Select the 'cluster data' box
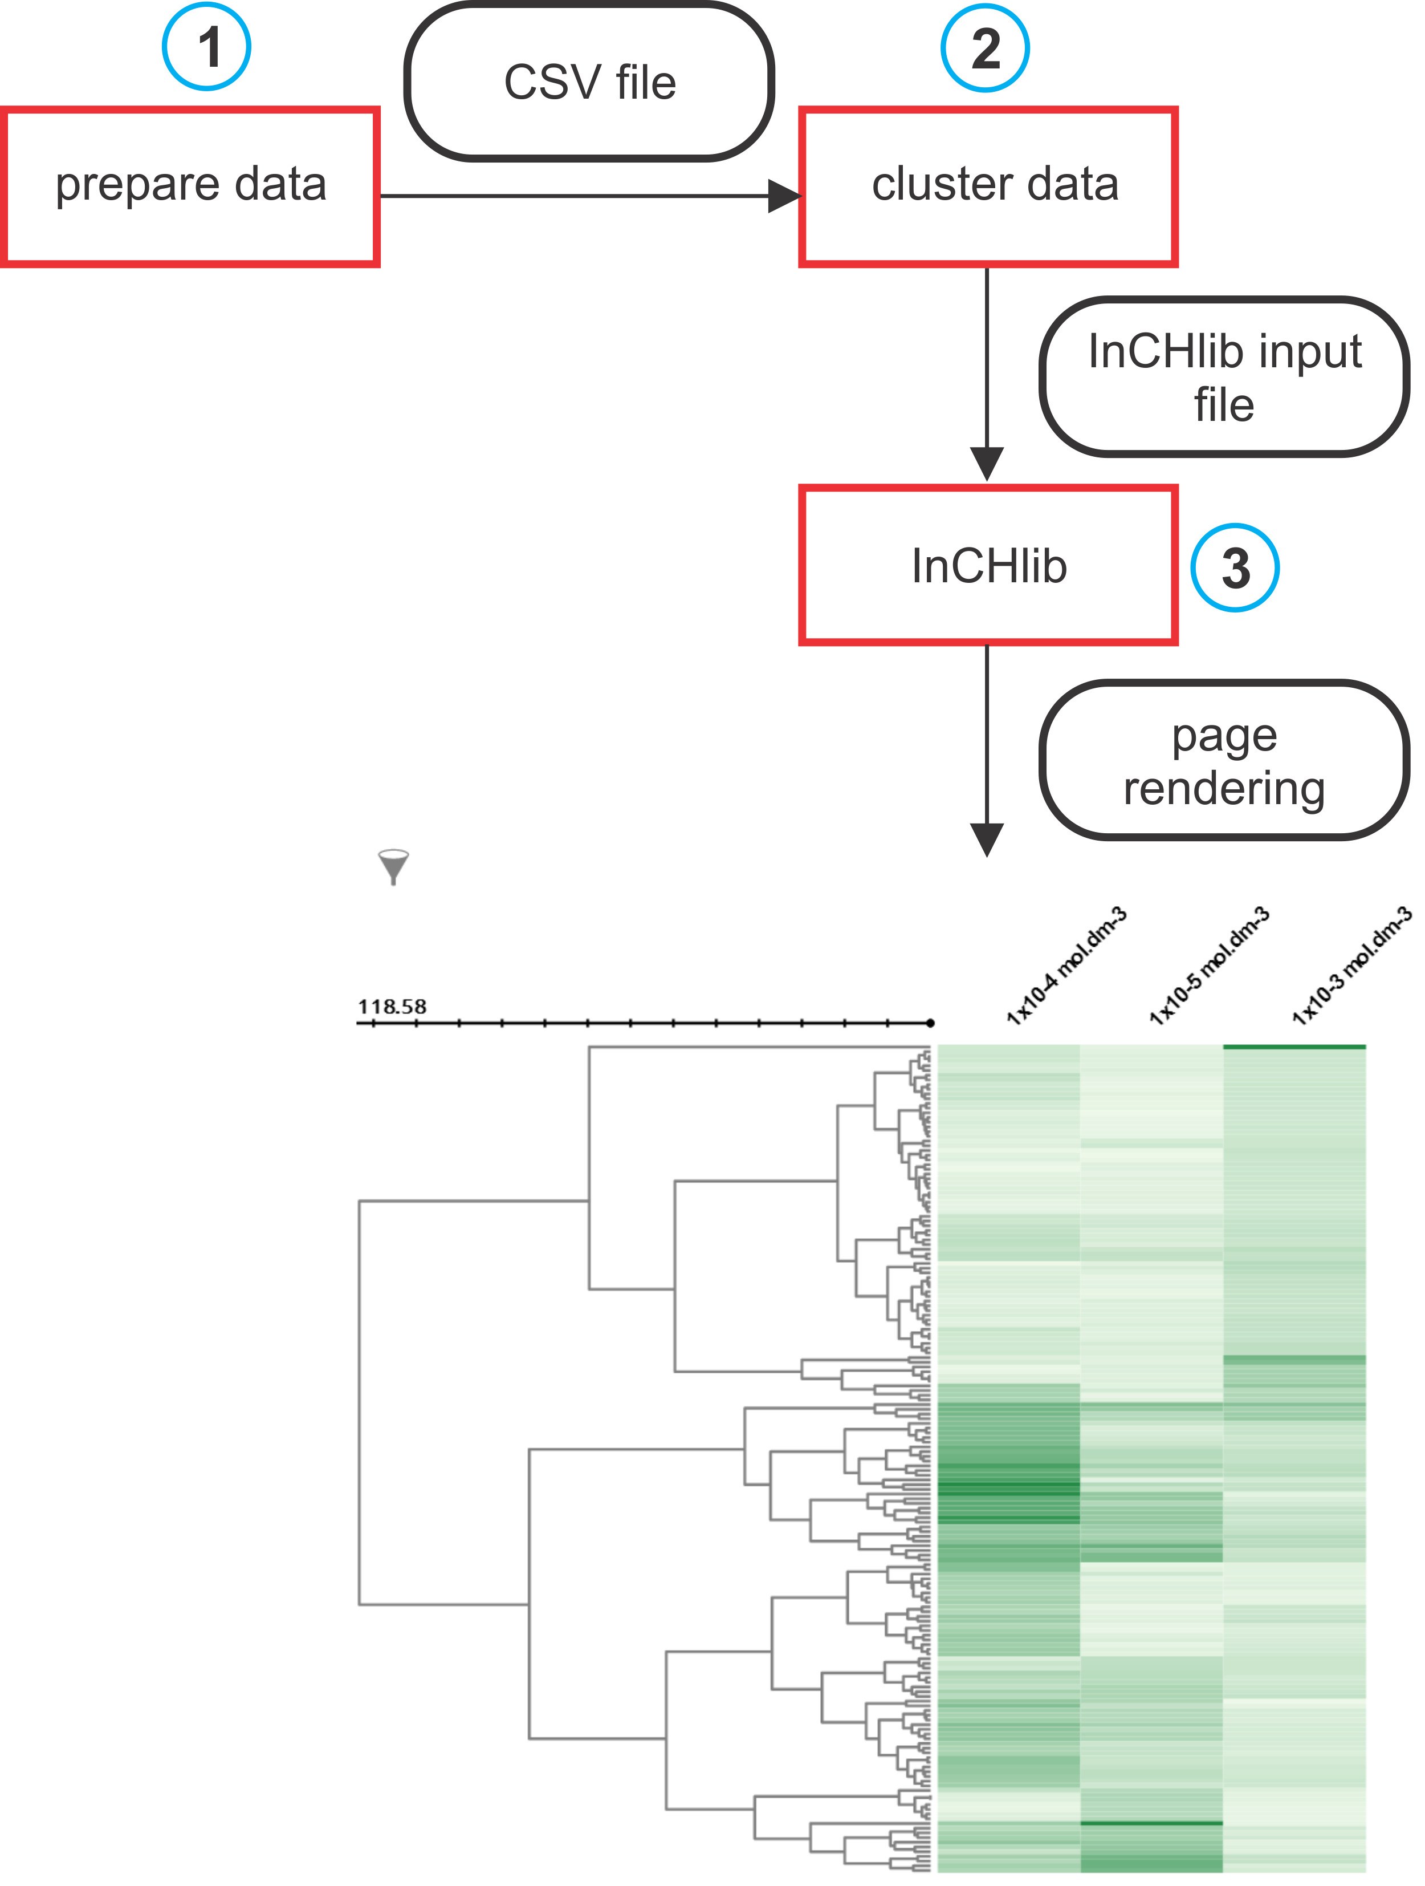point(988,186)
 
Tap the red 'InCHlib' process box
point(988,565)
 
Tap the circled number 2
point(984,48)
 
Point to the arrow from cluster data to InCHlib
point(987,375)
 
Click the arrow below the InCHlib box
point(987,751)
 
